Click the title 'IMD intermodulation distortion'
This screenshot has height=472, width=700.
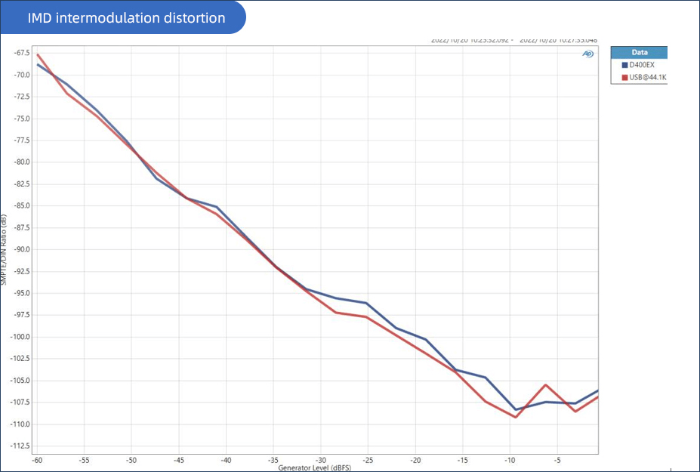tap(126, 17)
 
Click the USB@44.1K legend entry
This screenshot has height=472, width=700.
tap(644, 77)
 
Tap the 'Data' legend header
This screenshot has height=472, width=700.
tap(640, 53)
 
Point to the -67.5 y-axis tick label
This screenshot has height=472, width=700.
tap(20, 54)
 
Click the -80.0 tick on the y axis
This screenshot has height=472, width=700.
tap(20, 162)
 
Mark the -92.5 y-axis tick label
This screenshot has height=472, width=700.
tap(20, 272)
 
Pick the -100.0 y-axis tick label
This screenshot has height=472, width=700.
tap(19, 337)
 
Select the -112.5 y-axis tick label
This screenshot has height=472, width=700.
tap(19, 446)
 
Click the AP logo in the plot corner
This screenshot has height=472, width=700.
tap(587, 54)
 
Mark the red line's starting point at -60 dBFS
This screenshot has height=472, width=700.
tap(38, 54)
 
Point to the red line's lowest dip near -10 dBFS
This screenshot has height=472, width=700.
tap(515, 417)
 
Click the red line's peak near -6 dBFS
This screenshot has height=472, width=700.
tap(545, 384)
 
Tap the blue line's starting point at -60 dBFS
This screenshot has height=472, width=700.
tap(38, 64)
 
